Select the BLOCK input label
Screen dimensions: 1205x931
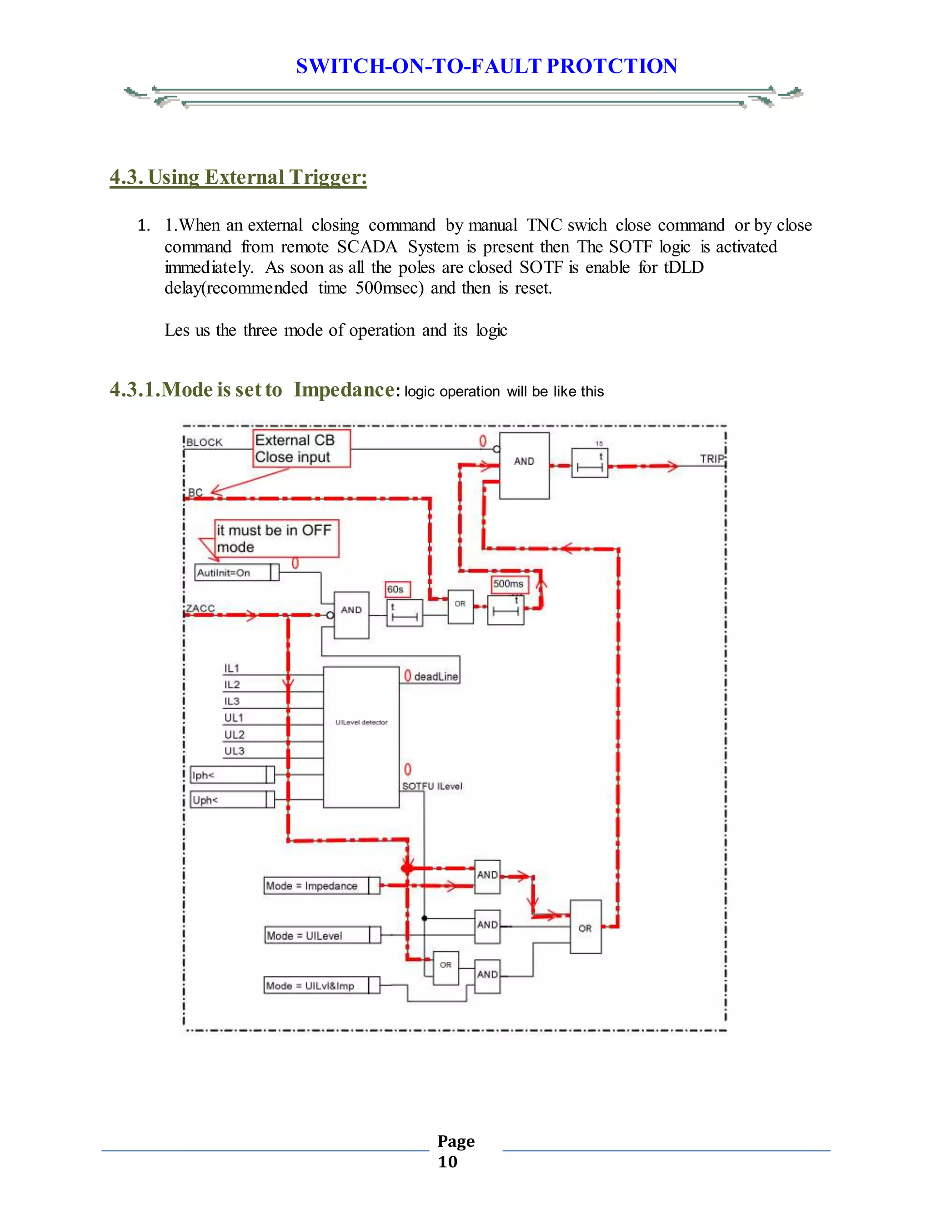click(204, 442)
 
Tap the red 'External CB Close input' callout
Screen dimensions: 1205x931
click(301, 448)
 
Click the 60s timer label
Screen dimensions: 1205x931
click(395, 589)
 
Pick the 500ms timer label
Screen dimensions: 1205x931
click(509, 584)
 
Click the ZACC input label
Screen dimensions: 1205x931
click(200, 608)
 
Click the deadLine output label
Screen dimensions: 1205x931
click(435, 677)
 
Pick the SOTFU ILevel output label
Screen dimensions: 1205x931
click(432, 786)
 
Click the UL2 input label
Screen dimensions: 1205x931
click(234, 734)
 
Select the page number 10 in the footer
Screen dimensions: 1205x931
click(447, 1162)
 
